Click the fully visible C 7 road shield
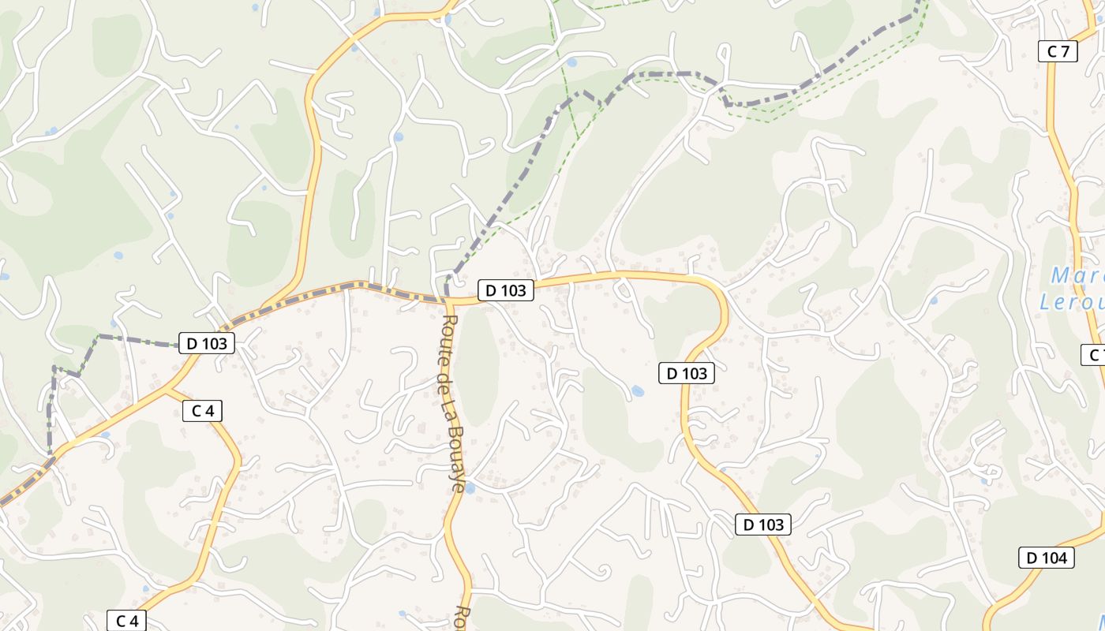coord(1058,51)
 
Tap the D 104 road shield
coord(1046,558)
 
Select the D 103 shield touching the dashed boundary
coord(207,343)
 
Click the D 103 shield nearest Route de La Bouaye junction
coord(505,290)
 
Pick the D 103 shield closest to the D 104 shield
coord(762,525)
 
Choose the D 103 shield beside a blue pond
coord(686,373)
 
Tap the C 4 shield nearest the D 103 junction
coord(203,410)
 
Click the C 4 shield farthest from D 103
coord(126,621)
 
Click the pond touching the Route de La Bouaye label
coord(470,488)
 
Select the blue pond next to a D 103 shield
coord(637,390)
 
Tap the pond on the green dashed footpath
coord(571,62)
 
